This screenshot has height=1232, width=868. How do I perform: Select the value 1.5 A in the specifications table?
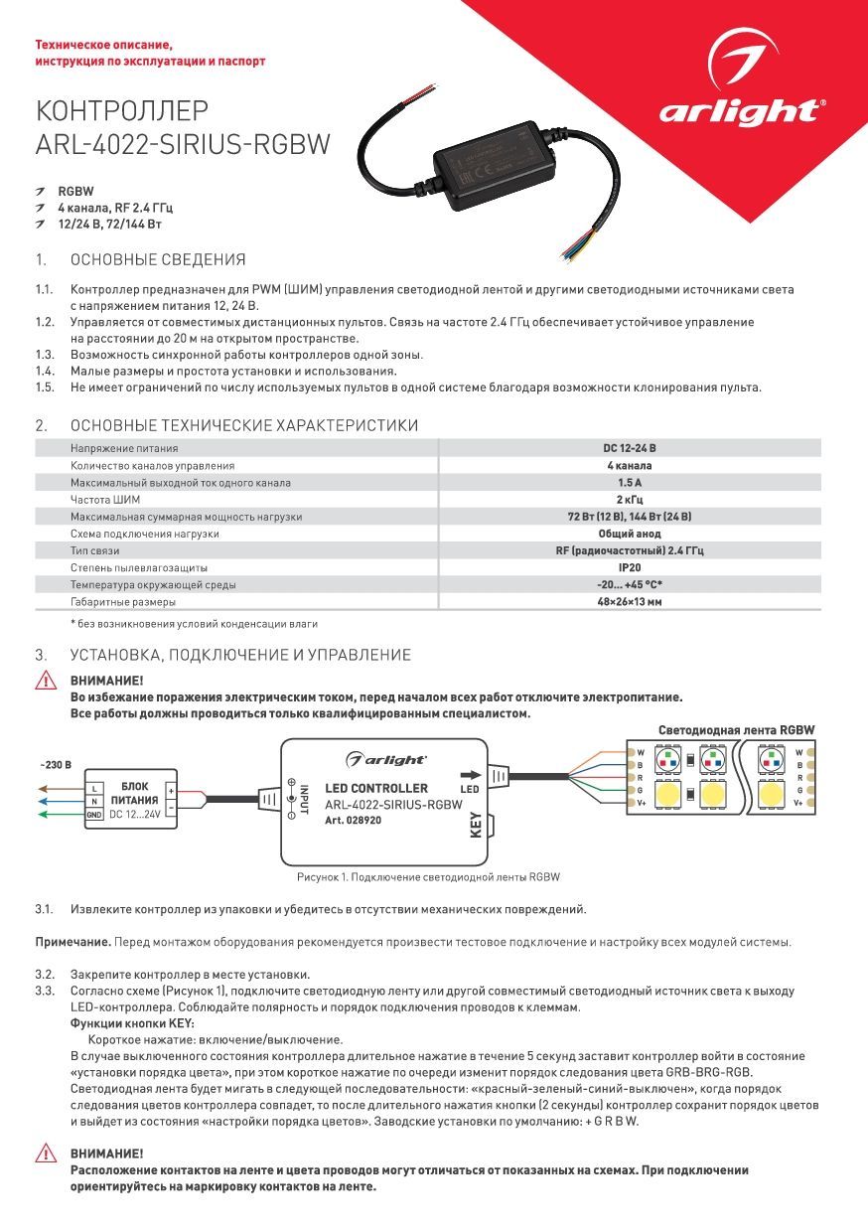pyautogui.click(x=630, y=482)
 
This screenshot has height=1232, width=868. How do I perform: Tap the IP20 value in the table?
pyautogui.click(x=630, y=567)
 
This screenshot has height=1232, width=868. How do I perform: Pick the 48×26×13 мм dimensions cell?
pyautogui.click(x=630, y=601)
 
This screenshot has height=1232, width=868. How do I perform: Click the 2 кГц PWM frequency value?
pyautogui.click(x=630, y=500)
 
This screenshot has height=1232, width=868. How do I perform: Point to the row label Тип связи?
pyautogui.click(x=94, y=550)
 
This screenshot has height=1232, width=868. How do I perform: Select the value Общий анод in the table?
pyautogui.click(x=630, y=534)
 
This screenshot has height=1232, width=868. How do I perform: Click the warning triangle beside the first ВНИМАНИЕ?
pyautogui.click(x=46, y=681)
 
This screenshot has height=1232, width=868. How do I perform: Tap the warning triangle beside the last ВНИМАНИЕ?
pyautogui.click(x=46, y=1153)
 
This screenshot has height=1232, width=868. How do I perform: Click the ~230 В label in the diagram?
pyautogui.click(x=56, y=765)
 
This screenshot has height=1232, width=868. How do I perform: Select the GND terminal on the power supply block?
pyautogui.click(x=94, y=815)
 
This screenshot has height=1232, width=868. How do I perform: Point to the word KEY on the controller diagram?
pyautogui.click(x=476, y=825)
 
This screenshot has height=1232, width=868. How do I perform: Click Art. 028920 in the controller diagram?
pyautogui.click(x=353, y=820)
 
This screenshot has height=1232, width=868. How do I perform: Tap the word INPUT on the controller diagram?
pyautogui.click(x=305, y=799)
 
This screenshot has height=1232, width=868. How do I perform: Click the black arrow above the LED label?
pyautogui.click(x=471, y=775)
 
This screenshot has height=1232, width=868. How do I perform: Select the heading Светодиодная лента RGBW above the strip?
pyautogui.click(x=737, y=730)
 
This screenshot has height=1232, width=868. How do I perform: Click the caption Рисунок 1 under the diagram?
pyautogui.click(x=428, y=876)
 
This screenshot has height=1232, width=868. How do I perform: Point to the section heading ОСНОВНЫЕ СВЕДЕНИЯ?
pyautogui.click(x=158, y=259)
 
